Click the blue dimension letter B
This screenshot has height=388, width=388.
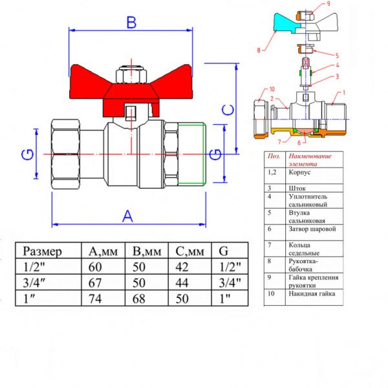(x=131, y=22)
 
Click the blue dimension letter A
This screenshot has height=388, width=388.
(x=127, y=216)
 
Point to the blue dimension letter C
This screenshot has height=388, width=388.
(x=228, y=110)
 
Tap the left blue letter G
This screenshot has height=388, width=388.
(x=27, y=155)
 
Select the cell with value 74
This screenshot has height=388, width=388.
(x=103, y=298)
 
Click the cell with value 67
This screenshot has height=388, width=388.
(x=103, y=283)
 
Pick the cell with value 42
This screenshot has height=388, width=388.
(x=189, y=266)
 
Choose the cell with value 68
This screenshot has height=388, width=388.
(x=147, y=298)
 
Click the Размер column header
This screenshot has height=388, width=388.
(x=42, y=252)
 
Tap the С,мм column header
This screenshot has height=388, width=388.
(x=189, y=252)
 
